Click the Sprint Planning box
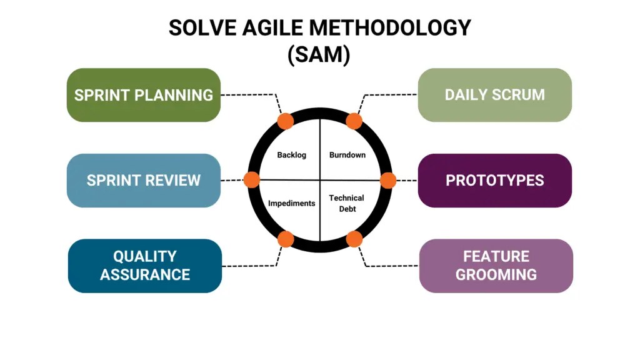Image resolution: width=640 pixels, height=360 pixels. [x=144, y=95]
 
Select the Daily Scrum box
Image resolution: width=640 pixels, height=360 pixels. [x=494, y=95]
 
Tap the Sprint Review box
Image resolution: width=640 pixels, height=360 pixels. [x=144, y=181]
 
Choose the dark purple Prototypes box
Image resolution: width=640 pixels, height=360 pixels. [x=494, y=181]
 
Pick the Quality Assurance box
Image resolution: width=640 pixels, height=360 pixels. [x=145, y=266]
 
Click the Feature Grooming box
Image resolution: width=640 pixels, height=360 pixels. [x=496, y=266]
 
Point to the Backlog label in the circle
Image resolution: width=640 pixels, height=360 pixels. [x=292, y=155]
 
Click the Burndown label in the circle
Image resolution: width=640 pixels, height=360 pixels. [x=347, y=155]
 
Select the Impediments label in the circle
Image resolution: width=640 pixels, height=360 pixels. [x=292, y=203]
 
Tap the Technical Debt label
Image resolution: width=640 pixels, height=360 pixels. [x=347, y=203]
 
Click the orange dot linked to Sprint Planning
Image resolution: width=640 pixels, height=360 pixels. [x=286, y=121]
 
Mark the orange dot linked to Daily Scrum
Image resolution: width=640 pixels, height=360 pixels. [x=354, y=121]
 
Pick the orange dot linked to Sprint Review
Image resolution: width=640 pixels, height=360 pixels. [x=251, y=180]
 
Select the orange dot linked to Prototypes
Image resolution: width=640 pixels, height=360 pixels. [x=388, y=180]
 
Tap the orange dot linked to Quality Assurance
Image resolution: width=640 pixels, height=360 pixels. [x=286, y=239]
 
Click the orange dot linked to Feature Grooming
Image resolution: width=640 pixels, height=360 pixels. [x=354, y=239]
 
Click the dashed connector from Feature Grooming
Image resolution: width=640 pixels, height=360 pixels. [x=387, y=266]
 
